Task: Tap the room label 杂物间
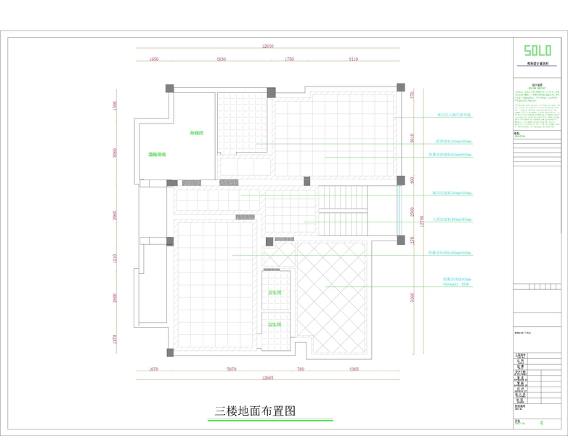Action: coord(196,133)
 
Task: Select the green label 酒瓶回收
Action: coord(158,155)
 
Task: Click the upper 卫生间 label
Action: coord(275,292)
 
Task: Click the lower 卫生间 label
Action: coord(275,324)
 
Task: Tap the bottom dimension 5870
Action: coord(232,369)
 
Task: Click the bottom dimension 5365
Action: coord(354,369)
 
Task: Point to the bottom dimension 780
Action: coord(301,369)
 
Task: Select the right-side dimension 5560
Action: coord(412,297)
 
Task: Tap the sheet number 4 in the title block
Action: coord(541,422)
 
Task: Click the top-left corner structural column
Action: coord(169,89)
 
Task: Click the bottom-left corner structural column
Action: coord(169,353)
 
